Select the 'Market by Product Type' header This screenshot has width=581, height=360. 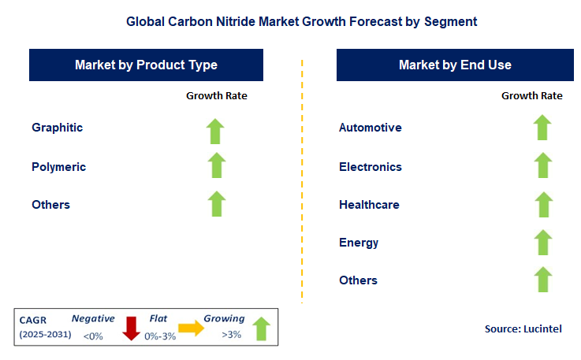146,65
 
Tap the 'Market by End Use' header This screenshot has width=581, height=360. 455,65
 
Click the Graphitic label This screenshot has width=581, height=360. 57,128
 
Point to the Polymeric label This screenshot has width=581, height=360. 58,167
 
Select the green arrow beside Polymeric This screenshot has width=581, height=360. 217,165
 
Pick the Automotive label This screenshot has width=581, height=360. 370,128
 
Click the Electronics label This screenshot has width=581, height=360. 370,167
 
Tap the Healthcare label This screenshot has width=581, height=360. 369,205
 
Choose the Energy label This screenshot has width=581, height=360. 359,243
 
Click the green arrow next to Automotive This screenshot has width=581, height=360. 542,128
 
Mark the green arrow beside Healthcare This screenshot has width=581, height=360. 542,204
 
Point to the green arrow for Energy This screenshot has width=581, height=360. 542,242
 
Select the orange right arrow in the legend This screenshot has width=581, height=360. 191,328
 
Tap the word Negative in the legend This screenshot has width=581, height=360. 93,319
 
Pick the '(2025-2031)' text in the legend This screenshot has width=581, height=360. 45,336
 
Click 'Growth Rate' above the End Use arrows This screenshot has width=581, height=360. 531,95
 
